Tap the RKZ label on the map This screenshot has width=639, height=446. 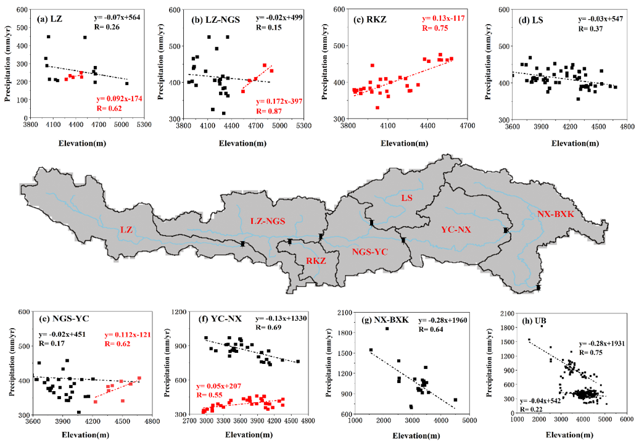(315, 261)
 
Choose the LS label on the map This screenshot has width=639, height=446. (406, 198)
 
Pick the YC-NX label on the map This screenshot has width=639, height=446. (456, 229)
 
